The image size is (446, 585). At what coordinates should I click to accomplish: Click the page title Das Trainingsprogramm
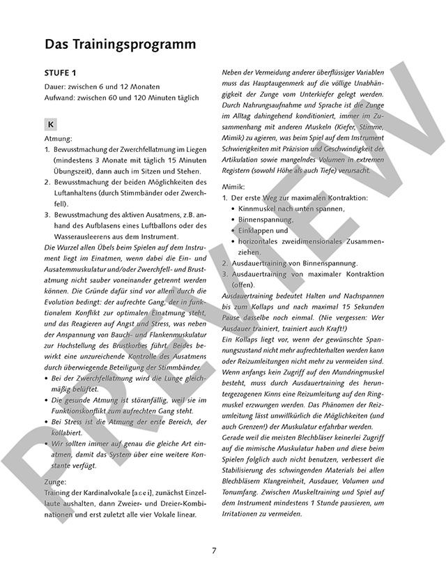(120, 44)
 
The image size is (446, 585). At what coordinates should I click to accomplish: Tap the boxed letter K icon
(51, 125)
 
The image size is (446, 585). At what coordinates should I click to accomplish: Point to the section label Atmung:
(59, 139)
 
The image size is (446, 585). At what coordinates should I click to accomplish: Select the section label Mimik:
(233, 188)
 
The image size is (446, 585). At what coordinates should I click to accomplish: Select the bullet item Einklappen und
(263, 230)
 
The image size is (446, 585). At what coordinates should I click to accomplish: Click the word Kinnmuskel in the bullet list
(261, 208)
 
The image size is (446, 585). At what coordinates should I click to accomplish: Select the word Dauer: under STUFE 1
(57, 86)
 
